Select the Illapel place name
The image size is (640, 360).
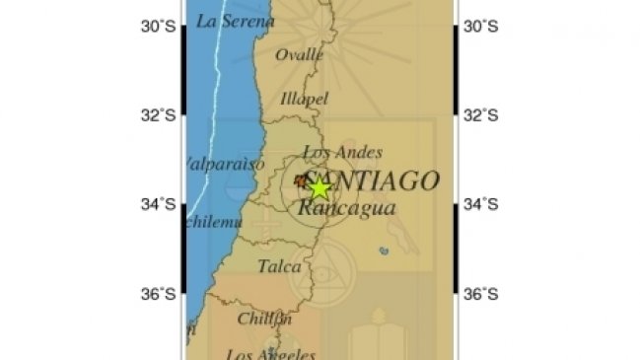click(304, 99)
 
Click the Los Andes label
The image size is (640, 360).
click(341, 152)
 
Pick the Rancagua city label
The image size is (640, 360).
click(346, 208)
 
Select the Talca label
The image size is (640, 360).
click(279, 265)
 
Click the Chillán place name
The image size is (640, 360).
click(264, 319)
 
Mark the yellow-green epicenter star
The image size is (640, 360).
click(320, 187)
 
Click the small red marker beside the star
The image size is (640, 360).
click(301, 180)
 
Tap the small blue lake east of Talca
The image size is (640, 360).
click(384, 252)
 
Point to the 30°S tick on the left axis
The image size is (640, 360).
click(158, 28)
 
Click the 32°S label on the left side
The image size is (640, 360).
click(158, 115)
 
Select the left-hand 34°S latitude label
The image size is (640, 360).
click(158, 205)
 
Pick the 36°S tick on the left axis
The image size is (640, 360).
click(158, 293)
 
